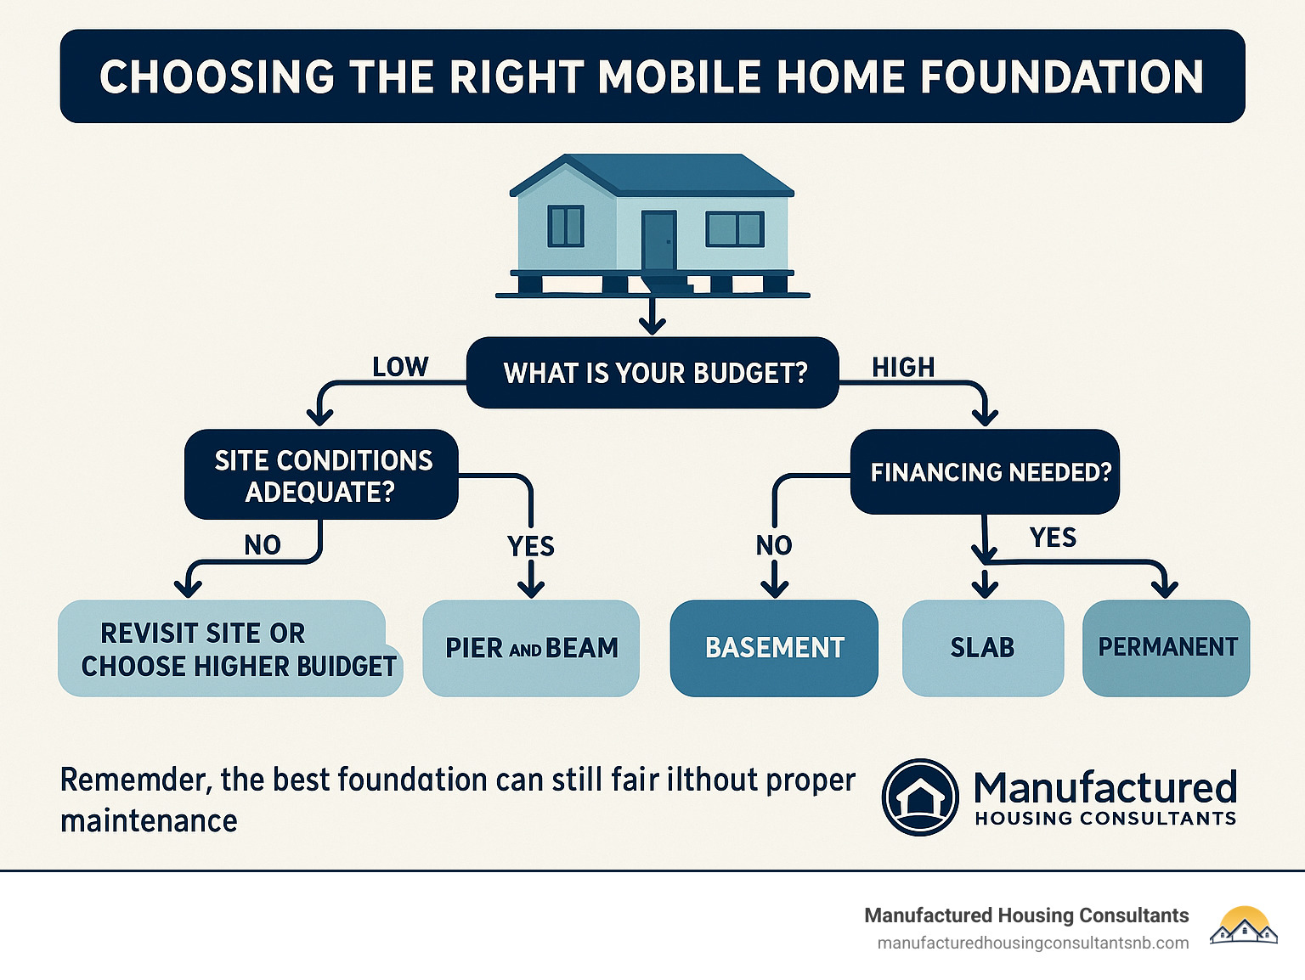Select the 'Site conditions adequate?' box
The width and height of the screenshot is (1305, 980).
coord(321,476)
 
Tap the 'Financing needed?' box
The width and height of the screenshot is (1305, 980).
coord(985,472)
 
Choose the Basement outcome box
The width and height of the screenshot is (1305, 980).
coord(774,648)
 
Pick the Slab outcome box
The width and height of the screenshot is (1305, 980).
coord(983,648)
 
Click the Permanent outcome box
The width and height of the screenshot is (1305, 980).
coord(1167,648)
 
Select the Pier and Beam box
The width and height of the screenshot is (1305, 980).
coord(531,648)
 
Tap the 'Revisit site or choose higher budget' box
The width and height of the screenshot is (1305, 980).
coord(229,650)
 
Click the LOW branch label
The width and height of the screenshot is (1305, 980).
coord(400,367)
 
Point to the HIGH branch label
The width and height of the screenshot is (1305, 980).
coord(903,367)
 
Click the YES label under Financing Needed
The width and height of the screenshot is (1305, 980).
coord(1053,538)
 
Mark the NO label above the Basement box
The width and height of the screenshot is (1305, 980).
coord(774,545)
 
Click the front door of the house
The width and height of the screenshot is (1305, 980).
coord(658,241)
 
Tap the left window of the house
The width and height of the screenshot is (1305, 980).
coord(566,227)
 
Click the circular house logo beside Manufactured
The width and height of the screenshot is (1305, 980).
coord(920,797)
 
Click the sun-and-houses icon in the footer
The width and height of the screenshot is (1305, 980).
coord(1244,926)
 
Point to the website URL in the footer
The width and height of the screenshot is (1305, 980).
coord(1032,943)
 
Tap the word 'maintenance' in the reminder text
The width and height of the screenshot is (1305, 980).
coord(149,821)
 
